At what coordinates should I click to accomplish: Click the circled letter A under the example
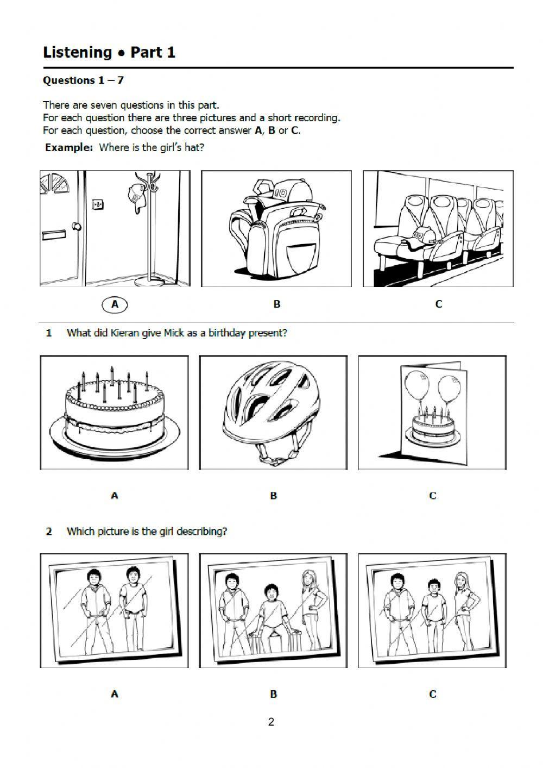pyautogui.click(x=115, y=304)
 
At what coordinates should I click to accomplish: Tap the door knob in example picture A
pyautogui.click(x=77, y=226)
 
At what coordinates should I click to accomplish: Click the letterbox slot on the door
pyautogui.click(x=53, y=235)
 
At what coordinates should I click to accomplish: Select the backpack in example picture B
pyautogui.click(x=276, y=227)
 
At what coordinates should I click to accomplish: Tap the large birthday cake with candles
pyautogui.click(x=115, y=414)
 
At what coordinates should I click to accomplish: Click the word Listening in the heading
pyautogui.click(x=78, y=53)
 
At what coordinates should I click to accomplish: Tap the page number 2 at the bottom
pyautogui.click(x=271, y=722)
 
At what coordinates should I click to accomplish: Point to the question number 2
pyautogui.click(x=49, y=532)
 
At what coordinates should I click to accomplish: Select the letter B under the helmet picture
pyautogui.click(x=273, y=496)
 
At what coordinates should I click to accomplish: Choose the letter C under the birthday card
pyautogui.click(x=432, y=496)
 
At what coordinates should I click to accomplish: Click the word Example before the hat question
pyautogui.click(x=69, y=147)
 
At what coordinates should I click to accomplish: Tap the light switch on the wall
pyautogui.click(x=98, y=204)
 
